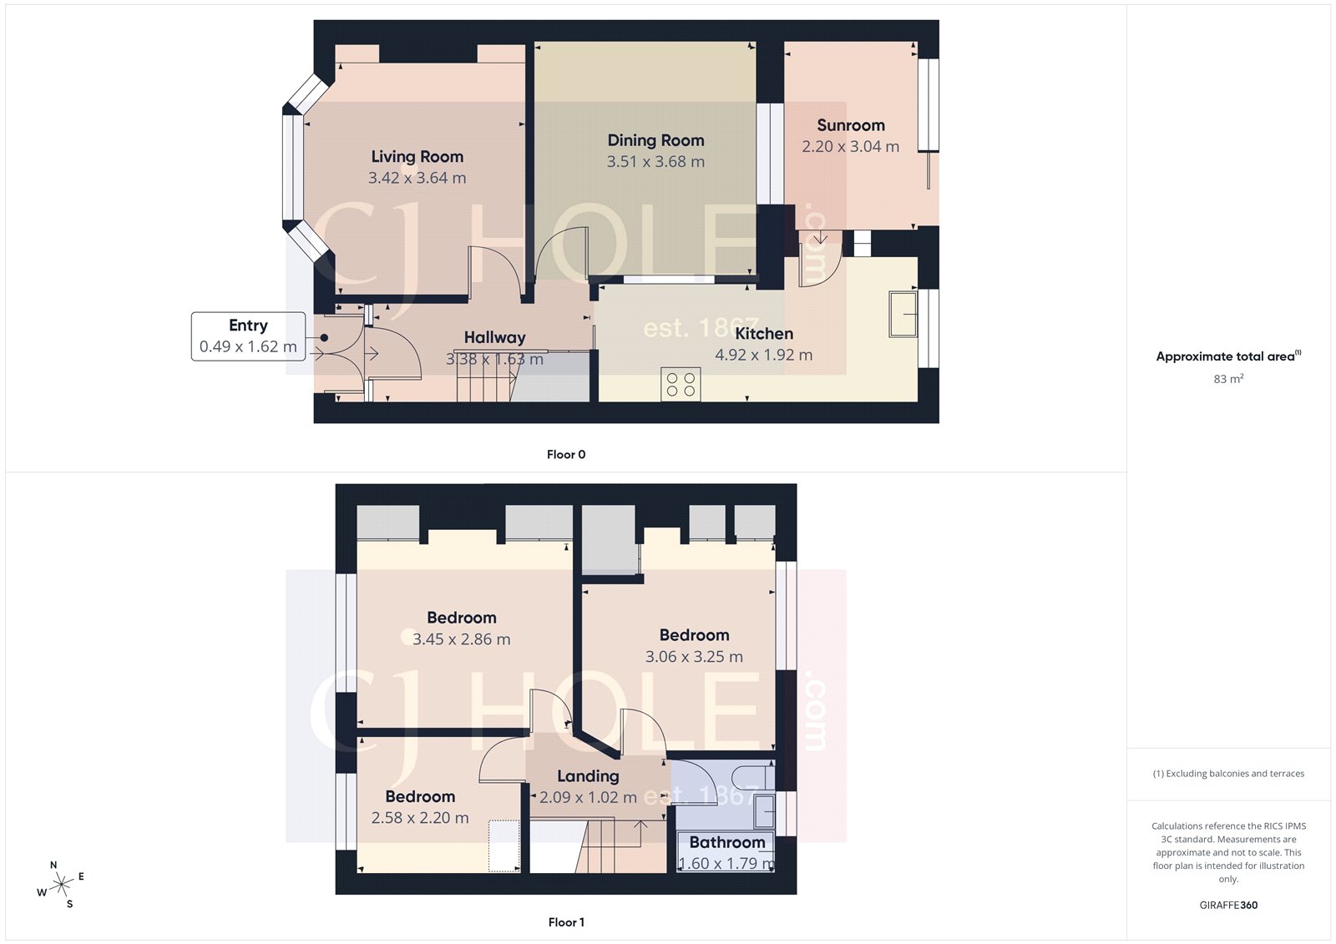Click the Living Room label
click(x=417, y=157)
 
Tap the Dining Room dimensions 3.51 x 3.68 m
click(x=655, y=162)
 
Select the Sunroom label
click(x=850, y=125)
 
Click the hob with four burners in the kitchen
click(x=681, y=385)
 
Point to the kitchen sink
click(x=903, y=314)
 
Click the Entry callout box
click(x=247, y=336)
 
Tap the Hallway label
click(x=494, y=337)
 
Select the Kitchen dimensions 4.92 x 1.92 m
click(x=763, y=355)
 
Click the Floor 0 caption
click(x=566, y=455)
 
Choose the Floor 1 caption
click(x=566, y=922)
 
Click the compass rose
click(x=61, y=885)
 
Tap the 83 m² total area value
click(x=1228, y=379)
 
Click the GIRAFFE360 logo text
click(x=1228, y=905)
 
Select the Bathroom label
click(x=726, y=843)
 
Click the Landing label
click(x=588, y=776)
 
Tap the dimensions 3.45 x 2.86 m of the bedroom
click(x=461, y=639)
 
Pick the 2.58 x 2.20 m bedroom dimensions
click(x=420, y=818)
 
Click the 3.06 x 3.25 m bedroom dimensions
click(x=694, y=657)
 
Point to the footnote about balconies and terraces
click(x=1228, y=774)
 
